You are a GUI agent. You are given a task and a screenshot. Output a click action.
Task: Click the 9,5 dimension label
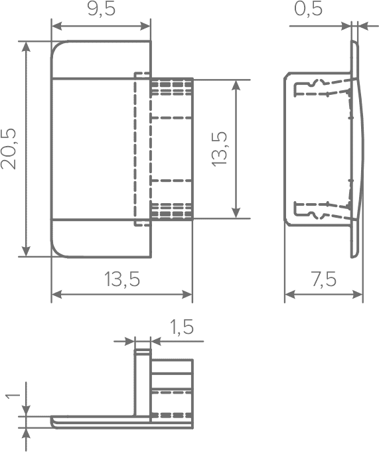coord(102,9)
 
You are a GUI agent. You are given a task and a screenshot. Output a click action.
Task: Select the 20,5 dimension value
coord(9,149)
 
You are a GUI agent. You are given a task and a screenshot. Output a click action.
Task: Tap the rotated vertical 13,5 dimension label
coord(220,149)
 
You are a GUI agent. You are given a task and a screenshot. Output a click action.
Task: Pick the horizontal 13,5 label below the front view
coord(122,279)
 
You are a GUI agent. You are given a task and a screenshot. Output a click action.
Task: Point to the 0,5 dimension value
coord(308,9)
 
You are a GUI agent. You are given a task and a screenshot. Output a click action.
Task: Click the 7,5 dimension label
coord(324,279)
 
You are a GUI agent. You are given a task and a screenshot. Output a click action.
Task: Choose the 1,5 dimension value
coord(182,327)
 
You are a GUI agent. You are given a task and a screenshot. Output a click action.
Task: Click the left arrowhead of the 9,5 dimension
coord(56,27)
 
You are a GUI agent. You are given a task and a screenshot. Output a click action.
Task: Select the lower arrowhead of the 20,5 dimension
coord(27,251)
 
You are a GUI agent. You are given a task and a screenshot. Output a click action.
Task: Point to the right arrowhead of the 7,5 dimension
coord(358,295)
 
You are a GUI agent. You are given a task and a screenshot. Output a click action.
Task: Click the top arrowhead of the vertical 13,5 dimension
coord(236,85)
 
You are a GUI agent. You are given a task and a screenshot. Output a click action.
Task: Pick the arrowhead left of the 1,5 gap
coord(129,341)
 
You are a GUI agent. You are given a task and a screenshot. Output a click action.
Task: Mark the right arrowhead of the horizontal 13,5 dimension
coord(188,295)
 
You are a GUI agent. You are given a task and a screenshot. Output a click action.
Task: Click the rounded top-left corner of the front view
coord(56,46)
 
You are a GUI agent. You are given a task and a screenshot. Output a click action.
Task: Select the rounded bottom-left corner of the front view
coord(57,252)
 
